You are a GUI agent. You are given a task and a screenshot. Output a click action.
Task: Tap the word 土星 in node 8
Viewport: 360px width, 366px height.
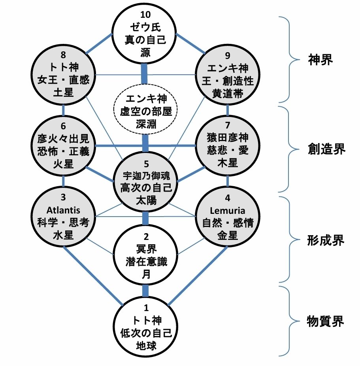pyautogui.click(x=64, y=94)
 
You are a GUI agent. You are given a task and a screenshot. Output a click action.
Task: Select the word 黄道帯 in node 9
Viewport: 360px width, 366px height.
pyautogui.click(x=227, y=94)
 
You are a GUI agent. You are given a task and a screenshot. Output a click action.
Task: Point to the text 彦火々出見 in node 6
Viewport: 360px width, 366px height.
pyautogui.click(x=64, y=139)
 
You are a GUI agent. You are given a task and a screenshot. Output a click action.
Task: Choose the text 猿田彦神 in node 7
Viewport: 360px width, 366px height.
pyautogui.click(x=227, y=139)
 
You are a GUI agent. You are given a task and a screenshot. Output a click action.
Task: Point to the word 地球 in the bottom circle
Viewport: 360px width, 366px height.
pyautogui.click(x=145, y=346)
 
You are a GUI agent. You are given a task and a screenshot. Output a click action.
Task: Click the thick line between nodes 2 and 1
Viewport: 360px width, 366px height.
pyautogui.click(x=145, y=291)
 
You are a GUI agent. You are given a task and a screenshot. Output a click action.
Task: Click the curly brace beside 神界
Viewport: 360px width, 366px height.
pyautogui.click(x=292, y=59)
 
